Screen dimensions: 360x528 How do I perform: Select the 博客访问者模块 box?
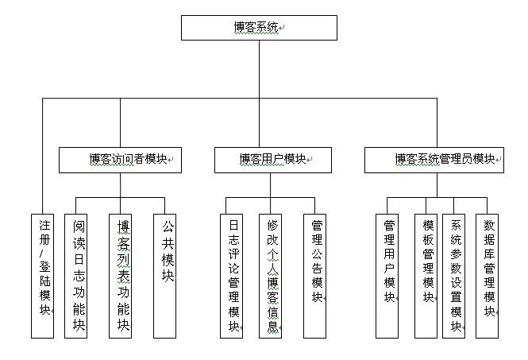(x=121, y=160)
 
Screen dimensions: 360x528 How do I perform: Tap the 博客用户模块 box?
(x=272, y=160)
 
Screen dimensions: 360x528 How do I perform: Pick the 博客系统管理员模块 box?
(x=434, y=160)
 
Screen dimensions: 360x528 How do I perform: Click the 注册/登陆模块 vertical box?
(x=43, y=275)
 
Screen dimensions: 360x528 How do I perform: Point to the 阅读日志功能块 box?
(x=76, y=275)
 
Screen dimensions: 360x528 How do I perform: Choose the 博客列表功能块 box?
(x=121, y=275)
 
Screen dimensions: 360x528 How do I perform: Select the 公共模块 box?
(x=165, y=275)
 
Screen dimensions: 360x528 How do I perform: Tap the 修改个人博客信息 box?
(x=271, y=275)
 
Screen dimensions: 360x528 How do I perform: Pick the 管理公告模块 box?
(x=315, y=275)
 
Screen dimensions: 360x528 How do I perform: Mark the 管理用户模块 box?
(x=387, y=275)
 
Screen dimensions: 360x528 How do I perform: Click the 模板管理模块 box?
(x=426, y=275)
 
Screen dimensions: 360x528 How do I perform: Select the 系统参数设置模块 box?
(x=454, y=275)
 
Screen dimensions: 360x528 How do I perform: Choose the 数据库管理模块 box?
(x=488, y=275)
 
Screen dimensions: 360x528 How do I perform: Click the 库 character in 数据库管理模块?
(x=488, y=254)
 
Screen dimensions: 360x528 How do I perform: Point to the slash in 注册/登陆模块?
(x=44, y=253)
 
